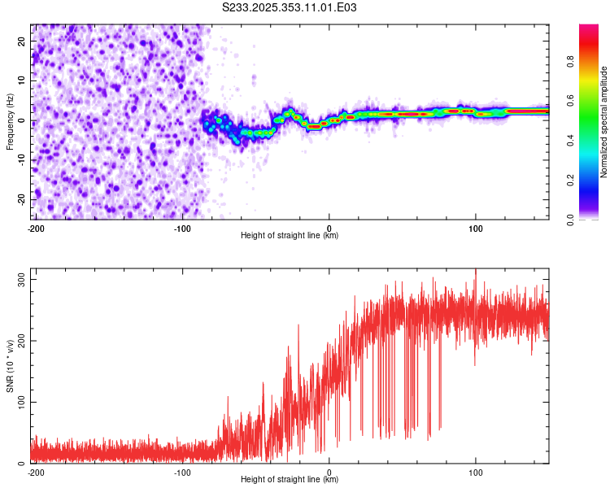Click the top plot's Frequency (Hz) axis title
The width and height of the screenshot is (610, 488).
tap(11, 122)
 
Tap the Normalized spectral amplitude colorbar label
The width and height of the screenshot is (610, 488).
tap(604, 122)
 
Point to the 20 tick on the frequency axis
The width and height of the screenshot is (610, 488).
tap(23, 41)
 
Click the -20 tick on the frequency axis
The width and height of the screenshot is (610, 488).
tap(21, 200)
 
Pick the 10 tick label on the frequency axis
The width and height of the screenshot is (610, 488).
tap(23, 81)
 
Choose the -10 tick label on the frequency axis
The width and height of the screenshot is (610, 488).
tap(21, 160)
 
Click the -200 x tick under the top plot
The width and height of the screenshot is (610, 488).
tap(36, 228)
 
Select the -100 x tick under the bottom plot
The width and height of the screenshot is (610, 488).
tap(182, 472)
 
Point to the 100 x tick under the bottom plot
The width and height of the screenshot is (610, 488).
tap(476, 472)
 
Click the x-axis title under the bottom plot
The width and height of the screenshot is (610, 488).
tap(290, 480)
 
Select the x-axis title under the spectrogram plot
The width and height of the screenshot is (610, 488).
tap(290, 236)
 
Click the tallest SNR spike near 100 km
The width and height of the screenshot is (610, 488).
tap(476, 271)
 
